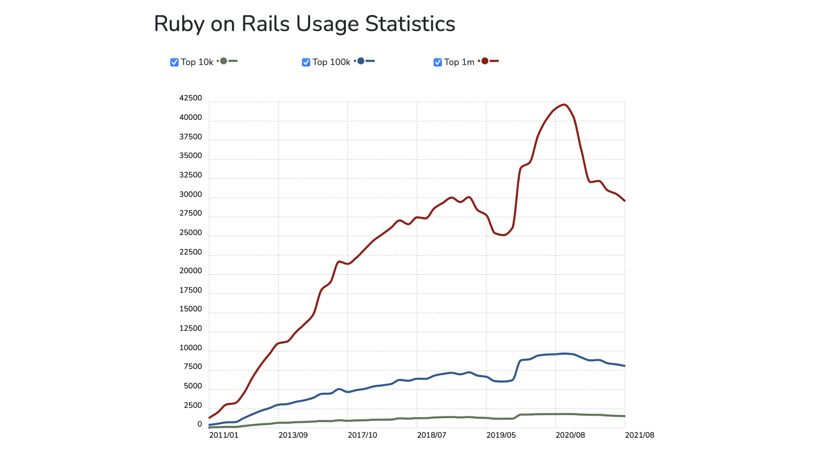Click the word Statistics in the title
(x=410, y=24)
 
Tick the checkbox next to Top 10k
(x=174, y=62)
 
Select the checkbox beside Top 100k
(x=306, y=62)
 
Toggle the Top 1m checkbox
(x=438, y=62)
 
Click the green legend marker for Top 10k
(x=224, y=61)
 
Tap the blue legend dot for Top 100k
(x=361, y=61)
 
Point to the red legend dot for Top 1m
(x=485, y=61)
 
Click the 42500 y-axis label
(x=191, y=98)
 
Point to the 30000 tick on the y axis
(x=191, y=195)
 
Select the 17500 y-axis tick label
(x=191, y=290)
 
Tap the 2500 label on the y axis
(x=193, y=405)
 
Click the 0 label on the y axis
(x=200, y=424)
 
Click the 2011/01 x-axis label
(x=224, y=435)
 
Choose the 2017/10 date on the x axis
(x=362, y=435)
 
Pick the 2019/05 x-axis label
(x=501, y=435)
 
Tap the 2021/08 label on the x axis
(x=639, y=435)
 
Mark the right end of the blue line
(x=624, y=366)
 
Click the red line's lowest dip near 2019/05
(x=503, y=235)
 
